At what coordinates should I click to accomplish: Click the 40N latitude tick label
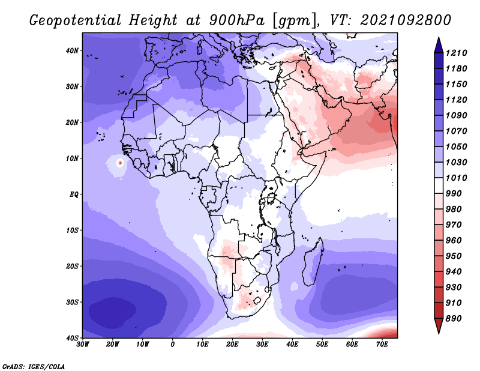(72, 50)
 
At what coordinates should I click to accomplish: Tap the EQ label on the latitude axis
(74, 195)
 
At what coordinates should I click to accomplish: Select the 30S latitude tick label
(72, 302)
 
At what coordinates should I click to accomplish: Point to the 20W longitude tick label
(113, 345)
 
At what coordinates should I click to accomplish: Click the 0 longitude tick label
(173, 345)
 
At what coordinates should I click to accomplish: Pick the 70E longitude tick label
(382, 345)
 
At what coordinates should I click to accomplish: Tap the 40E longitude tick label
(292, 345)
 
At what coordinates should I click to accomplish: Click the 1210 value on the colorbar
(456, 53)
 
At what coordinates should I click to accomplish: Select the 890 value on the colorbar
(454, 319)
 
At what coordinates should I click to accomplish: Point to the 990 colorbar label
(454, 194)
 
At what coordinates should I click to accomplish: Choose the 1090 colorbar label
(456, 115)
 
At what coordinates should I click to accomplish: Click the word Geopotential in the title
(76, 21)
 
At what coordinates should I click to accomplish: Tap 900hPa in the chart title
(236, 20)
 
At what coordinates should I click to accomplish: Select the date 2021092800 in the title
(406, 20)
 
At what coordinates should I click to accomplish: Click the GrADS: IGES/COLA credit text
(34, 367)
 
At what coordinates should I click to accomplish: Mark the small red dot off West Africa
(121, 163)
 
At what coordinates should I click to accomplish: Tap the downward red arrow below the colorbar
(439, 326)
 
